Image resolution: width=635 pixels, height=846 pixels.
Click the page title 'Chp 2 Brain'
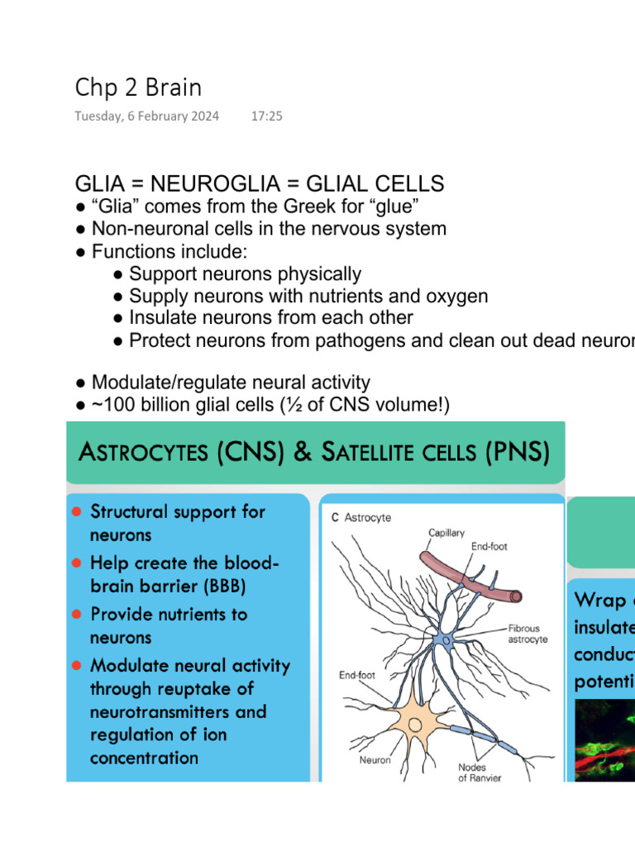click(x=138, y=87)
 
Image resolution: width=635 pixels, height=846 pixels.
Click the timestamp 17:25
click(x=266, y=116)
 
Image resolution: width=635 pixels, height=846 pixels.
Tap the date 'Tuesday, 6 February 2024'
click(x=147, y=116)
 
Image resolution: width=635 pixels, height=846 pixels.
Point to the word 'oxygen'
click(x=457, y=296)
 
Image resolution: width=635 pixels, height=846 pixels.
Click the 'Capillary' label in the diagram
click(x=446, y=533)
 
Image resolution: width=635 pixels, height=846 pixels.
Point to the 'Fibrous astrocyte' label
click(x=527, y=634)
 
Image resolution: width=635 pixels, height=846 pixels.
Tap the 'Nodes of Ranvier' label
click(x=479, y=772)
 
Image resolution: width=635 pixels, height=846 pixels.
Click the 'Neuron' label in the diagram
click(x=375, y=759)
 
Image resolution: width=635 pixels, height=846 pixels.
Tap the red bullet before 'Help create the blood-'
click(x=76, y=563)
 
